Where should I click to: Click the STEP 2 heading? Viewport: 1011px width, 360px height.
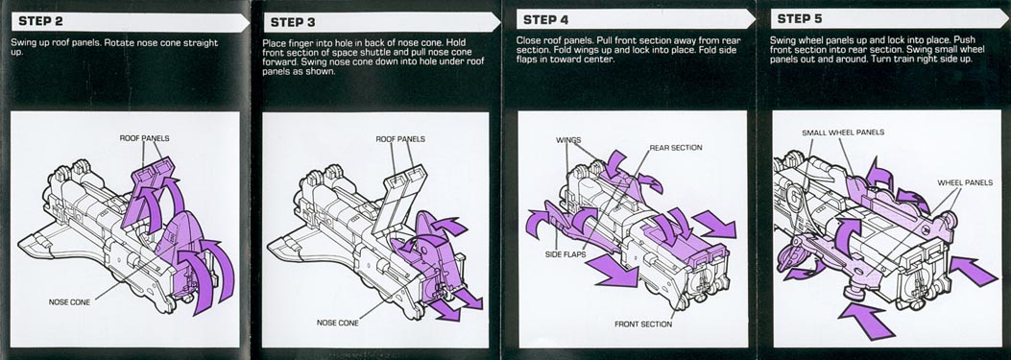[40, 21]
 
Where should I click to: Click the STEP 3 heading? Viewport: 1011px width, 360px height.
[292, 23]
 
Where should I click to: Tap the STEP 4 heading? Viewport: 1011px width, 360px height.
[544, 20]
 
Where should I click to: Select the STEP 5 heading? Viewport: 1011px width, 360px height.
[800, 18]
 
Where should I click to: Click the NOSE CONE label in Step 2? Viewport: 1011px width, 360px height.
[69, 301]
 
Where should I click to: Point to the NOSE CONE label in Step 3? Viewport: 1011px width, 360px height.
[338, 323]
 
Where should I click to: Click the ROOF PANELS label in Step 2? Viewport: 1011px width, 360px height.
[144, 138]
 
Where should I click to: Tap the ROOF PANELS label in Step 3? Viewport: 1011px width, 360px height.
[400, 138]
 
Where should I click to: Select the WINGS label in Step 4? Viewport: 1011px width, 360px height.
[568, 140]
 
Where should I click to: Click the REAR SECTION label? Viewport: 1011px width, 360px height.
[676, 148]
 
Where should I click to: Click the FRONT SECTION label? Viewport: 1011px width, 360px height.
[643, 324]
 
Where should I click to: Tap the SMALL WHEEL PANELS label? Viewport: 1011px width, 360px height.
[843, 132]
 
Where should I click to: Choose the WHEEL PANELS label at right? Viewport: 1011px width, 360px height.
[965, 183]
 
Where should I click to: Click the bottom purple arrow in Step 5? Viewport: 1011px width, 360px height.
[867, 319]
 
